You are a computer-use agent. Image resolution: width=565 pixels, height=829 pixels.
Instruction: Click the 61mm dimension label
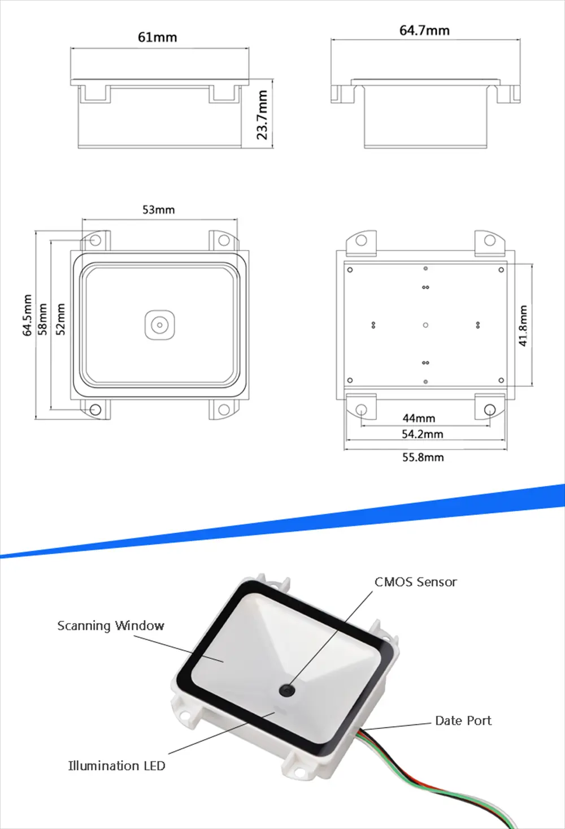[x=158, y=37]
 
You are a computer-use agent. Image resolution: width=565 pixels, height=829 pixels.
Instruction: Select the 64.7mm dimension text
[x=424, y=31]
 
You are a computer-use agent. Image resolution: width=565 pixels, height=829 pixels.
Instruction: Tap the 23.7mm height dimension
[x=262, y=115]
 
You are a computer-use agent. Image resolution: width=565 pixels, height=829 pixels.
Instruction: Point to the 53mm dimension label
[x=159, y=210]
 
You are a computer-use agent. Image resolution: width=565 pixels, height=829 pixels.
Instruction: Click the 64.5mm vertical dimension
[x=27, y=316]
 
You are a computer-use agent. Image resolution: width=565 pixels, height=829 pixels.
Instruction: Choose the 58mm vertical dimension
[x=43, y=319]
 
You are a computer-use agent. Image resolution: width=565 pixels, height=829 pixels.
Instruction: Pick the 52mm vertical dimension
[x=60, y=319]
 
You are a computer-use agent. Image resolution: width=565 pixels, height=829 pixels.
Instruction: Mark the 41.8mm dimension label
[x=523, y=326]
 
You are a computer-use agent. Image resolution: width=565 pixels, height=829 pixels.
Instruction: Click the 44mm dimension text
[x=419, y=418]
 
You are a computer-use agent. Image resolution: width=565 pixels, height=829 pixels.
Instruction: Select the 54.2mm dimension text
[x=422, y=434]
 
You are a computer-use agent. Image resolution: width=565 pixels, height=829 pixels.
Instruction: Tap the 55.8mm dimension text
[x=423, y=457]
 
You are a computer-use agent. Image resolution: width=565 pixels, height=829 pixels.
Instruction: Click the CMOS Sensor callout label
[x=415, y=582]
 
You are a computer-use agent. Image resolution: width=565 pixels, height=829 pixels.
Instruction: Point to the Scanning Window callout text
[x=111, y=625]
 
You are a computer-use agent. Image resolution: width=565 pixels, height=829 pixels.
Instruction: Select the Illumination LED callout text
[x=116, y=766]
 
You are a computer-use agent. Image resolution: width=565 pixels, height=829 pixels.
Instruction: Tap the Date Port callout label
[x=463, y=720]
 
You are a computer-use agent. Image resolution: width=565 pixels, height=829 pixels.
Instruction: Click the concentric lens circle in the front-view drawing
[x=160, y=325]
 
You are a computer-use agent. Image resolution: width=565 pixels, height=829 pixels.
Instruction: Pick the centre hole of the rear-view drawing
[x=425, y=325]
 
